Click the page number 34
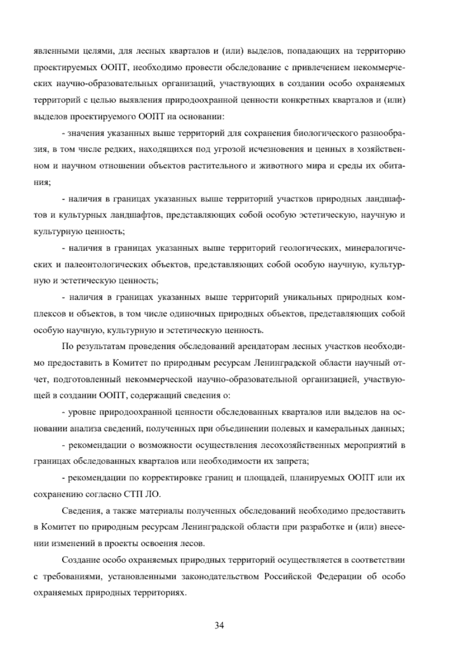point(220,625)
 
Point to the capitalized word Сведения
point(81,511)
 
